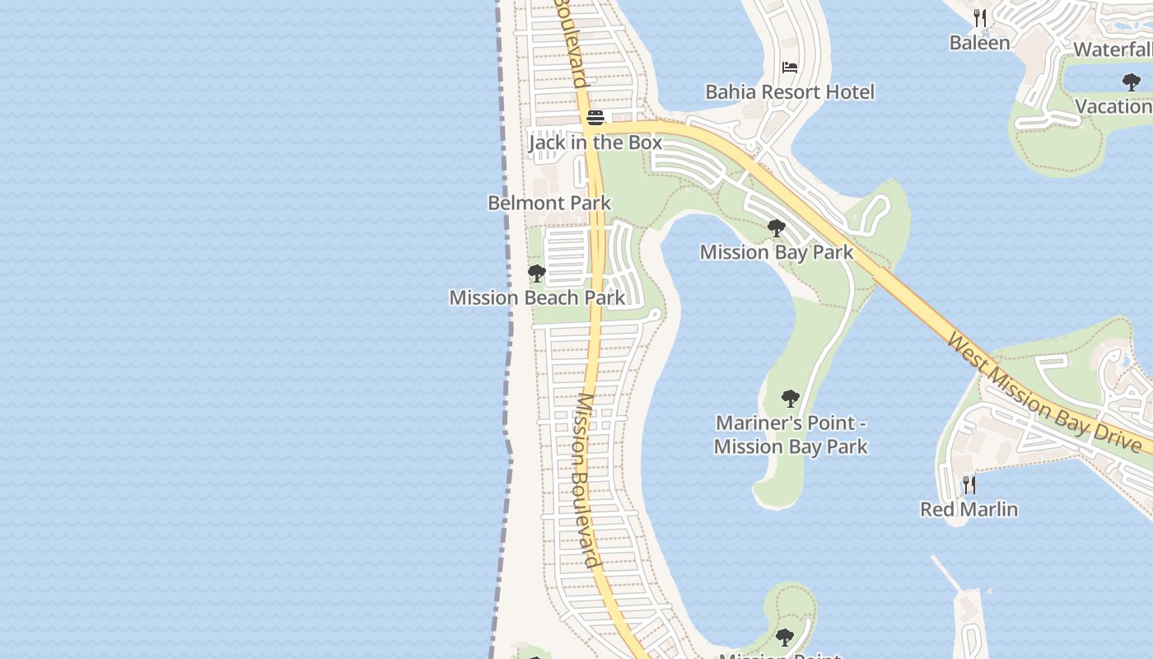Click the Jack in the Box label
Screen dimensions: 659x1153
pos(595,143)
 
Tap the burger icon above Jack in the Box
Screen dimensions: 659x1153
pos(595,118)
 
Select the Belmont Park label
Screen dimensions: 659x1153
pos(549,203)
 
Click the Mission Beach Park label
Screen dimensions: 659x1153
pos(537,297)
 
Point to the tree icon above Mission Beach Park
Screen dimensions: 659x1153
pos(537,273)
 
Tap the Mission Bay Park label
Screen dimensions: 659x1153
pos(776,252)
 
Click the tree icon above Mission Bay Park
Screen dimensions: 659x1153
pos(776,228)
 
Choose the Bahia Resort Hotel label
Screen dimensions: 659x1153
pos(790,91)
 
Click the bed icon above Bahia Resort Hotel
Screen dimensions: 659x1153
pos(790,68)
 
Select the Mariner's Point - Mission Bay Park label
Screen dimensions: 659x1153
pos(791,435)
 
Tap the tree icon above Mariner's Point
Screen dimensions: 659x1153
pos(791,400)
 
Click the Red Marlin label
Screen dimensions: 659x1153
pos(969,509)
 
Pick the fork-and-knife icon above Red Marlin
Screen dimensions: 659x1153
pos(969,484)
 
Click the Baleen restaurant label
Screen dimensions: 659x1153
pos(979,43)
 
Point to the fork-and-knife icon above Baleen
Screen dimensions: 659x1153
pos(980,18)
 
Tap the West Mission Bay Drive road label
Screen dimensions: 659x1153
pos(1044,394)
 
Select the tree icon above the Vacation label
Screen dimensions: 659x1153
pos(1131,82)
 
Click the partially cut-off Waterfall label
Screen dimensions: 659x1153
pos(1112,49)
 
